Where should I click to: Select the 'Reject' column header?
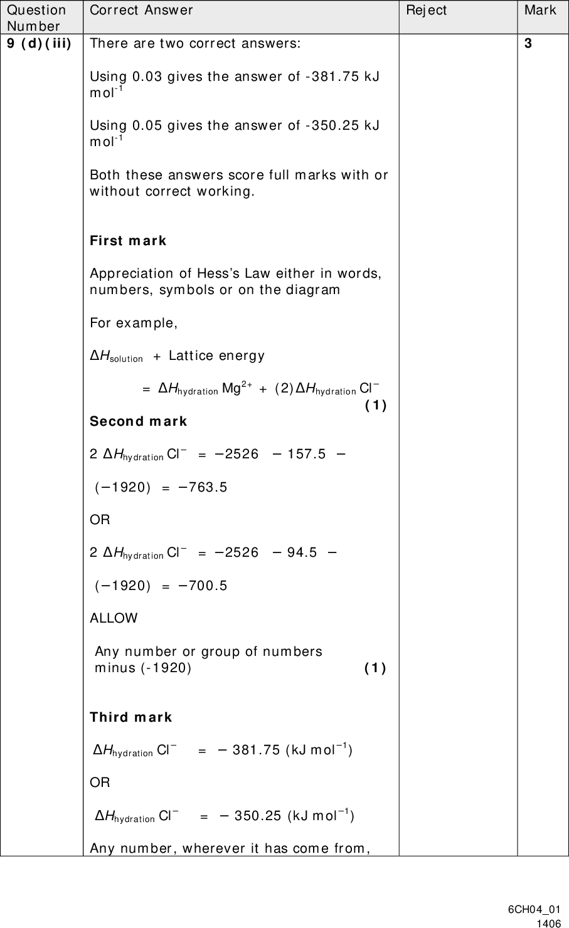pyautogui.click(x=426, y=10)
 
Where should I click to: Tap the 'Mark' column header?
pyautogui.click(x=540, y=10)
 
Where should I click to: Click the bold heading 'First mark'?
pyautogui.click(x=129, y=241)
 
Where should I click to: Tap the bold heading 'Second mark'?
pyautogui.click(x=139, y=421)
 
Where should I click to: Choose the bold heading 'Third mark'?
pyautogui.click(x=131, y=717)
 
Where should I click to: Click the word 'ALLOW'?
pyautogui.click(x=114, y=618)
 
